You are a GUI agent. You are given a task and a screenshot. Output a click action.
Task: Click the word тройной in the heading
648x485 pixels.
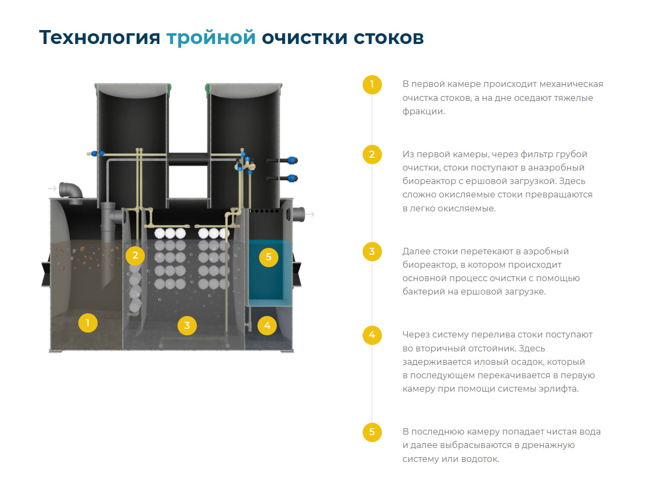click(x=211, y=38)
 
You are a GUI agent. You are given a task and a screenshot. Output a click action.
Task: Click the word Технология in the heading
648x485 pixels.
click(x=99, y=38)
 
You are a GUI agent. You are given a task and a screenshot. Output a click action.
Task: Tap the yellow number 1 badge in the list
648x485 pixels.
click(x=372, y=85)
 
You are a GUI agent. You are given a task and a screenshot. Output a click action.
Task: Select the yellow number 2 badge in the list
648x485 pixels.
click(x=372, y=155)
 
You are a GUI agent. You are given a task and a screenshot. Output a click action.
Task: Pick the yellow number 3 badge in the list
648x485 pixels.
click(x=372, y=252)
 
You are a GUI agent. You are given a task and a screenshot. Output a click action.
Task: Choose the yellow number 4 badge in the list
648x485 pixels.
click(x=372, y=335)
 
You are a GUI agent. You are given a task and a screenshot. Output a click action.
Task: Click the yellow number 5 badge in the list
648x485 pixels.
click(x=372, y=432)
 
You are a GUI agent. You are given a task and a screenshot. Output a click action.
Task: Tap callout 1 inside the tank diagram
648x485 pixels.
click(x=87, y=323)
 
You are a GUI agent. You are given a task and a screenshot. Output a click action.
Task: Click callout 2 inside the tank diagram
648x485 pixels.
click(x=135, y=255)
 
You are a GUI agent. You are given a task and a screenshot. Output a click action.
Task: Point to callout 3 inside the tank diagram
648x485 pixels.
click(x=187, y=326)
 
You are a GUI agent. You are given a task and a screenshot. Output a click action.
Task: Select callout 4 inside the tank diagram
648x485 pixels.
click(x=267, y=326)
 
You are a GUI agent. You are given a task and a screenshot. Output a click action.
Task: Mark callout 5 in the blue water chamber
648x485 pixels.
click(x=269, y=257)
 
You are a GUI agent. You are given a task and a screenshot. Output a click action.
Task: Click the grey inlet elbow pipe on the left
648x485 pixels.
click(x=71, y=192)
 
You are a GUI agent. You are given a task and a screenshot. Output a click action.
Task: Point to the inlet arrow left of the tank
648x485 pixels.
click(x=52, y=188)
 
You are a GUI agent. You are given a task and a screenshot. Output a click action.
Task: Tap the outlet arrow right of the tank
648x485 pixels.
click(x=310, y=214)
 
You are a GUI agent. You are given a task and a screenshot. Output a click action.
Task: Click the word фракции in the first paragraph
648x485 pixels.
click(x=423, y=112)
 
